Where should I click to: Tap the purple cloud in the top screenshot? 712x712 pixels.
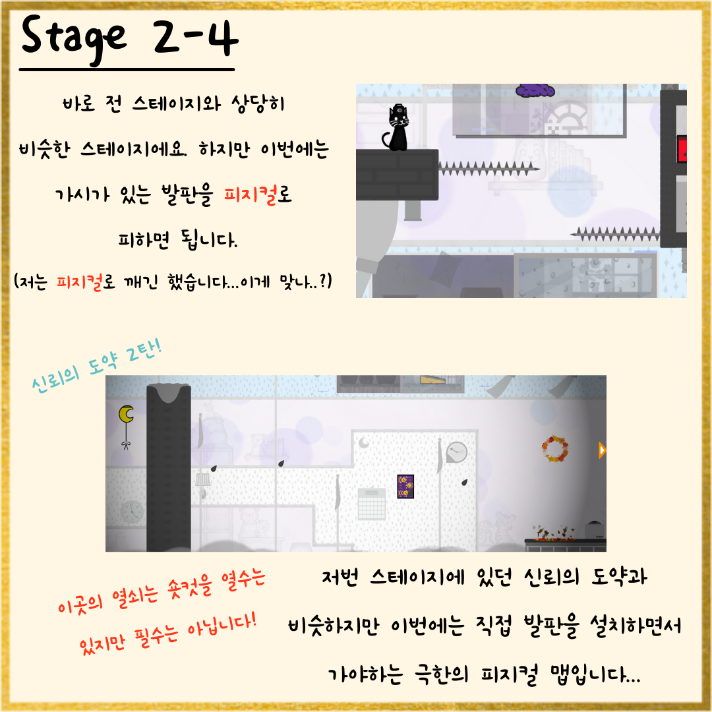(535, 90)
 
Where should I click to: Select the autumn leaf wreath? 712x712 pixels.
(555, 449)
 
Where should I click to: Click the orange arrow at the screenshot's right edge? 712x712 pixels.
(602, 450)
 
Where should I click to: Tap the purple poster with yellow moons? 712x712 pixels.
(405, 487)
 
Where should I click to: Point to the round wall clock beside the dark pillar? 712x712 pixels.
(132, 512)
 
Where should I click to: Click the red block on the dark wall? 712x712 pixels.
(682, 148)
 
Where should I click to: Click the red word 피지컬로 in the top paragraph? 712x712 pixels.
(258, 194)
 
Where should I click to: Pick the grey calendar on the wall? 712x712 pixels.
(372, 504)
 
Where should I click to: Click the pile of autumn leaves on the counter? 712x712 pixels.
(553, 533)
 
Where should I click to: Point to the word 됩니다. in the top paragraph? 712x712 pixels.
(208, 239)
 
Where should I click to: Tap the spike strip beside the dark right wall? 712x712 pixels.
(616, 234)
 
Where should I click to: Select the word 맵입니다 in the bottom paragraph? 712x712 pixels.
(595, 674)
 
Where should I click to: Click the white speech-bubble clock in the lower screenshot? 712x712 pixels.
(456, 452)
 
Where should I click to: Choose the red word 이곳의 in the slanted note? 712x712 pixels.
(80, 602)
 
